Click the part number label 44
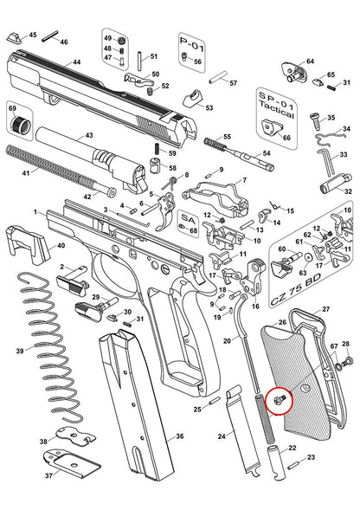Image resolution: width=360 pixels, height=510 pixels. click(77, 61)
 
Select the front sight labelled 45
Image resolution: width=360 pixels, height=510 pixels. click(15, 38)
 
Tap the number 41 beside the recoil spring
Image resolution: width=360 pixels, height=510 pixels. click(26, 172)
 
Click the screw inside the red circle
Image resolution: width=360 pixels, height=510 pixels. click(280, 400)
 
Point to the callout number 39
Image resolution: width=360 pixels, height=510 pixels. click(20, 351)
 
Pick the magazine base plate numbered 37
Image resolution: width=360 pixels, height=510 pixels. click(72, 461)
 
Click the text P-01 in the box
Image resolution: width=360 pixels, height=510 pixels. click(192, 44)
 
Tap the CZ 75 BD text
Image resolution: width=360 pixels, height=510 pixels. click(296, 289)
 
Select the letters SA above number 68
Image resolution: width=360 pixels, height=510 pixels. click(189, 219)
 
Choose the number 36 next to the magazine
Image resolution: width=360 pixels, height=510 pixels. click(179, 436)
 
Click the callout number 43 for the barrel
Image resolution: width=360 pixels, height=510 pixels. click(89, 135)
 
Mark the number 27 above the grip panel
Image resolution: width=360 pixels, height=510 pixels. click(326, 309)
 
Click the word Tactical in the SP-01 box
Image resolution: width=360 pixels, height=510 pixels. click(276, 110)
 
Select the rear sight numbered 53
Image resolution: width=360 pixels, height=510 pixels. click(194, 98)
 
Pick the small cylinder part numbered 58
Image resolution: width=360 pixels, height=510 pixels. click(156, 165)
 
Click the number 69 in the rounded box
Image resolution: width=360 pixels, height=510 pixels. click(12, 108)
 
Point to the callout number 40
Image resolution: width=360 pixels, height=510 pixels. click(61, 245)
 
